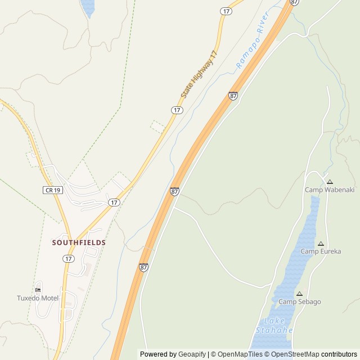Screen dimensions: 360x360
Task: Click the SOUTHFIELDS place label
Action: coord(79,242)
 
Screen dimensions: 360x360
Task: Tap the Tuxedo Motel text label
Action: coord(38,298)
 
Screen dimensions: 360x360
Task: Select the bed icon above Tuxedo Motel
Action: coord(38,289)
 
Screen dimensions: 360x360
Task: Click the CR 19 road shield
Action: coord(52,190)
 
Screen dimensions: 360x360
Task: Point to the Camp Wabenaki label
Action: coord(330,190)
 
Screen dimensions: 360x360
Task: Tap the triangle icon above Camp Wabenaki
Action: coord(330,182)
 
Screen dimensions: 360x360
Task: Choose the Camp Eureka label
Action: coord(321,251)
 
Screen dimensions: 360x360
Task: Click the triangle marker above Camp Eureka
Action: coord(321,244)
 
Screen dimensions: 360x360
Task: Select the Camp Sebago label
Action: coord(300,301)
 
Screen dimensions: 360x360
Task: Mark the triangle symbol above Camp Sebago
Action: coord(299,294)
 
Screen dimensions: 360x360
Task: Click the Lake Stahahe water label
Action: coord(274,325)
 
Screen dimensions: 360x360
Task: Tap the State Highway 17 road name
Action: coord(199,74)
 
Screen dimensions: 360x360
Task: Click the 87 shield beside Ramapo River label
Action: coord(233,96)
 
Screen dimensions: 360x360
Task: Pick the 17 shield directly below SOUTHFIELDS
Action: coord(69,258)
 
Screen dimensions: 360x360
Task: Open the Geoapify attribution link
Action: coord(192,354)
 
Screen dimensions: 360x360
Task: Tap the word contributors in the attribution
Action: coord(339,354)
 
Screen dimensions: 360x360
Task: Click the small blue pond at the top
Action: coord(88,7)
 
